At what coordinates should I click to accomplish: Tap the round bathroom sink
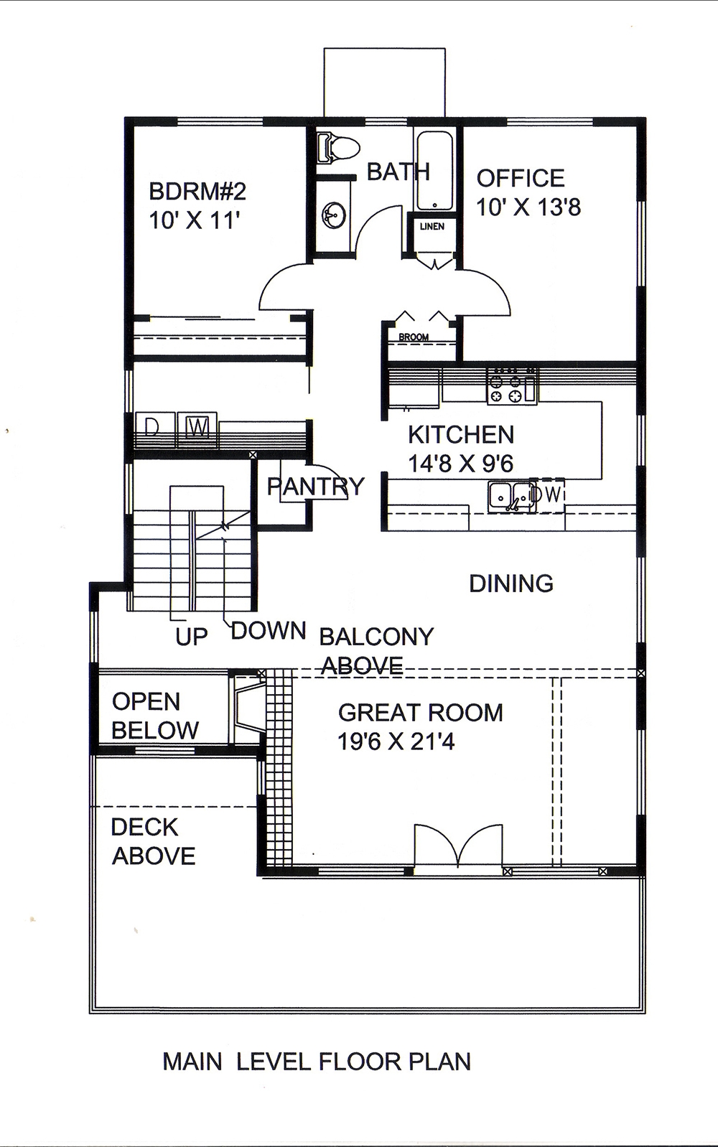[335, 214]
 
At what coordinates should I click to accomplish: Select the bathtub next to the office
[434, 170]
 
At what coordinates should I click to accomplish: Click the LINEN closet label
[432, 226]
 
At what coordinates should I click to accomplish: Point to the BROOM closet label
[414, 337]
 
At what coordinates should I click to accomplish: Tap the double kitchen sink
[510, 496]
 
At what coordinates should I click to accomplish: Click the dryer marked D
[152, 428]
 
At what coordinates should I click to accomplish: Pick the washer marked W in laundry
[197, 428]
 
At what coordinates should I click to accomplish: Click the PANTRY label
[315, 487]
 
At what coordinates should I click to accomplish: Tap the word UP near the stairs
[191, 637]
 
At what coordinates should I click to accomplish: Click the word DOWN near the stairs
[269, 631]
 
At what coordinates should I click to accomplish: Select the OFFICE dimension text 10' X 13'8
[528, 207]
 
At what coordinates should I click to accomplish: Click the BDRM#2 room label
[197, 191]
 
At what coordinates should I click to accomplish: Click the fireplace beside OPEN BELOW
[246, 707]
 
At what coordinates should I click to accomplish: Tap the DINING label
[511, 584]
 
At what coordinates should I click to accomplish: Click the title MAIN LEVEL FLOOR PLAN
[317, 1061]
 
